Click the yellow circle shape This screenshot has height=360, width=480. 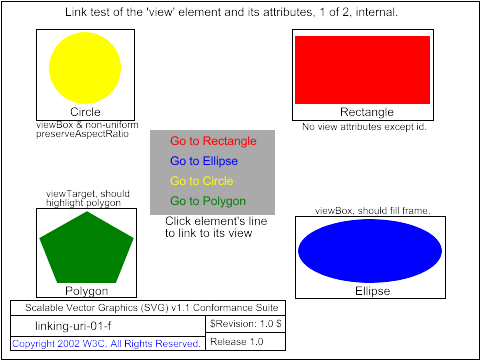coord(85,68)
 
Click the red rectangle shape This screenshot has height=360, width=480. coord(362,70)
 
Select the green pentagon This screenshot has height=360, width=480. coord(86,247)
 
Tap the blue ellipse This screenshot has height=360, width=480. coord(370,251)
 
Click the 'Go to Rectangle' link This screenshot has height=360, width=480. coord(213,141)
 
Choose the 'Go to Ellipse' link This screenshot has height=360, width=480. coord(204,161)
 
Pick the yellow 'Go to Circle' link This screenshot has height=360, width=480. coord(202,181)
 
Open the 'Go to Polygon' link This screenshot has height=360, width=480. coord(208,201)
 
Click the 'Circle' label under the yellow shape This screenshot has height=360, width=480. coord(85,112)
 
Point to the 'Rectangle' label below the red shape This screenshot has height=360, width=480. coord(367,112)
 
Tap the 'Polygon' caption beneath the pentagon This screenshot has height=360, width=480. coord(87,291)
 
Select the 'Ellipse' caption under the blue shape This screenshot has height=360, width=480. coord(373,291)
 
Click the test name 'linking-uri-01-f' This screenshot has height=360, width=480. coord(73,326)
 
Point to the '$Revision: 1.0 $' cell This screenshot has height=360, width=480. coord(246,323)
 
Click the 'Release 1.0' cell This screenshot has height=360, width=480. coord(237,342)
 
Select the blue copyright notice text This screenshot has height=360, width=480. coord(106,344)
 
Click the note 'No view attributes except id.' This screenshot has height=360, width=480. coord(364,127)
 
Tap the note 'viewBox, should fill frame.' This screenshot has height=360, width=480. coord(373,211)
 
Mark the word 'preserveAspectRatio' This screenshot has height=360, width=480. coord(82,134)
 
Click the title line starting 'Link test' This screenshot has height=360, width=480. coord(231,12)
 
